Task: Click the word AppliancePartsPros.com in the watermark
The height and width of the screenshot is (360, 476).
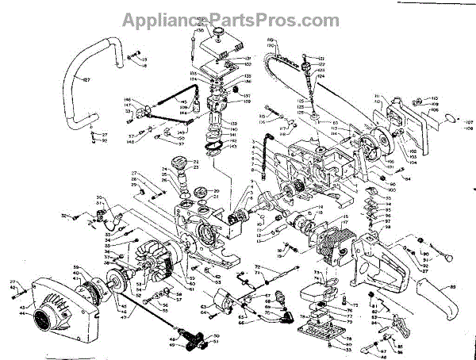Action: (237, 17)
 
